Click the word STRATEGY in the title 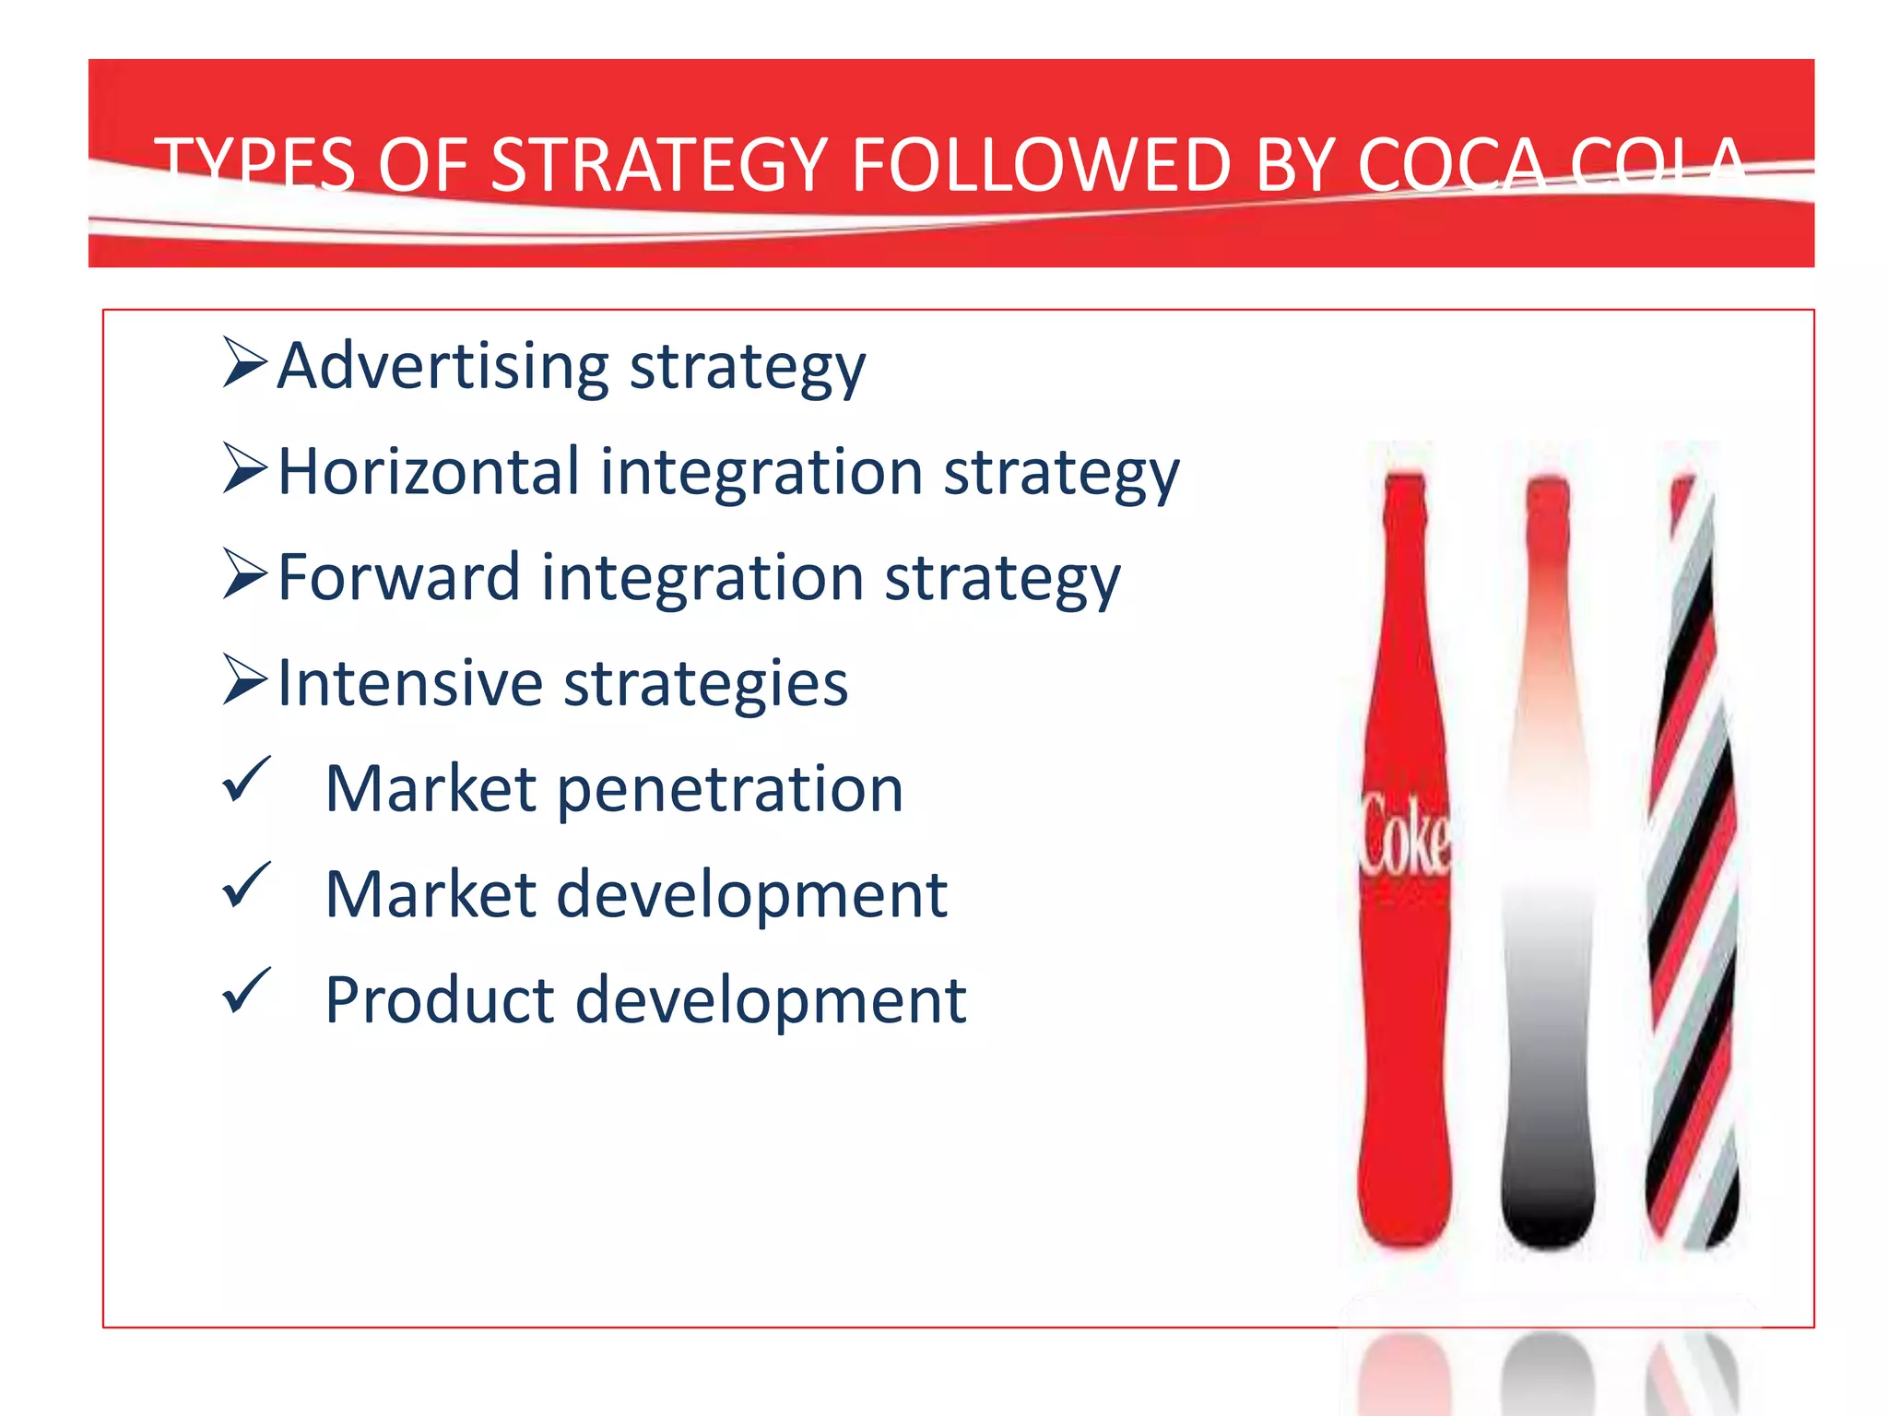click(659, 166)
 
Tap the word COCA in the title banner click(1451, 166)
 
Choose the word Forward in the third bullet click(398, 578)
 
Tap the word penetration click(730, 791)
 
